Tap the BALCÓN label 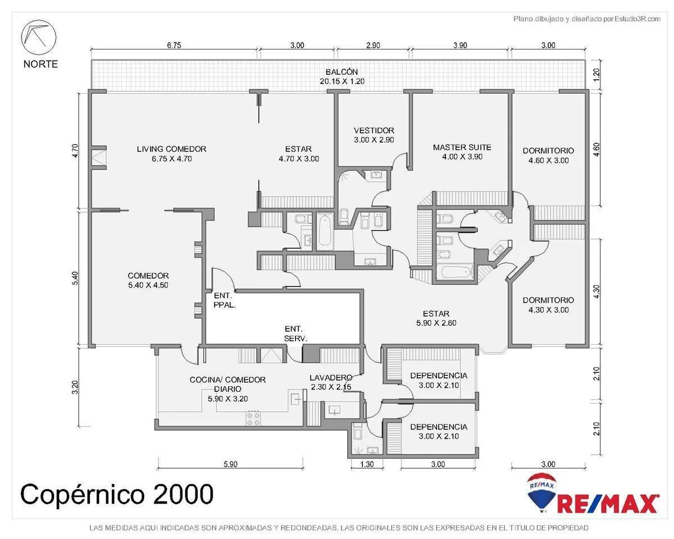341,72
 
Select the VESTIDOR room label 374,130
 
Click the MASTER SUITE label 462,147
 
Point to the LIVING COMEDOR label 172,149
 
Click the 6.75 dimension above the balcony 174,45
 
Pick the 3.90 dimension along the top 460,45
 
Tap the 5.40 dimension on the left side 75,278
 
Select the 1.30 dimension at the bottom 366,464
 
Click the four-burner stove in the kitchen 253,419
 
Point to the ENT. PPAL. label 225,300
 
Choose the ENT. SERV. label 295,334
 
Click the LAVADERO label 331,377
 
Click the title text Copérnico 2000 117,495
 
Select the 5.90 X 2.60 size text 436,323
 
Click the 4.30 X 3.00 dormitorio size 548,310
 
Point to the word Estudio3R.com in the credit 637,19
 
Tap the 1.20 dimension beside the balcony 596,74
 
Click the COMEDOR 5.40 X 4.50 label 148,280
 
